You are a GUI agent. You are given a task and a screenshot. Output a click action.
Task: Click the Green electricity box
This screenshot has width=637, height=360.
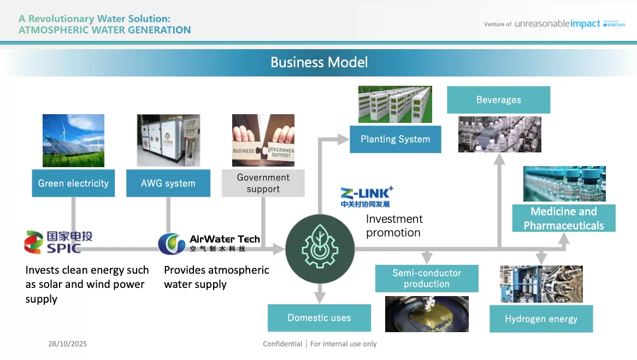click(73, 184)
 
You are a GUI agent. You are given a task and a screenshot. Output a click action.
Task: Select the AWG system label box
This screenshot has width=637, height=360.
click(168, 184)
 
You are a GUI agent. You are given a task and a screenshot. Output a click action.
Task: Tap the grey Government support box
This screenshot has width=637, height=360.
click(263, 184)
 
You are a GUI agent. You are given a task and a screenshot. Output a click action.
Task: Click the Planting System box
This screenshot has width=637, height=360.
click(395, 139)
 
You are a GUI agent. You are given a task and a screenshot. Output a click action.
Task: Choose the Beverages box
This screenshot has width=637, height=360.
click(498, 100)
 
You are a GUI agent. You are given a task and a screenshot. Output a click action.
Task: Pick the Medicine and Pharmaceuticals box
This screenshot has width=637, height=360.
click(564, 219)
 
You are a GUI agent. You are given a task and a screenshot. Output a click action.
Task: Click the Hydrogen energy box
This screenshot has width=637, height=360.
click(541, 319)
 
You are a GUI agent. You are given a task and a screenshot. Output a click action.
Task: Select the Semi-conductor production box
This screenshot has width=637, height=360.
click(427, 279)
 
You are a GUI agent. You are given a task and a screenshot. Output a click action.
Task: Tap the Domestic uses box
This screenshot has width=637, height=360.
click(319, 318)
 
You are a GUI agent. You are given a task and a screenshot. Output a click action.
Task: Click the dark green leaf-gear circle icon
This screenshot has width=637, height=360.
click(320, 249)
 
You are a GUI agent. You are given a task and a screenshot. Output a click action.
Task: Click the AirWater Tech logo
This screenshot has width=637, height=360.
click(209, 243)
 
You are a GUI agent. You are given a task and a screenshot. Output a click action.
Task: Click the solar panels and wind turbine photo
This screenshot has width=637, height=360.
click(73, 140)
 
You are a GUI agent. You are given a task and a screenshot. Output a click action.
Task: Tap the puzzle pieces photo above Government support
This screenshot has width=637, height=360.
click(263, 140)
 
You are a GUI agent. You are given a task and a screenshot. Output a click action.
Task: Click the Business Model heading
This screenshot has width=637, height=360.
click(319, 62)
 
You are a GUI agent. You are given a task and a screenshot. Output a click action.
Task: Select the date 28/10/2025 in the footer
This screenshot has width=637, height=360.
click(67, 344)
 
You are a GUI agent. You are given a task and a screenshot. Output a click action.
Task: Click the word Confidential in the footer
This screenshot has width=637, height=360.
click(282, 344)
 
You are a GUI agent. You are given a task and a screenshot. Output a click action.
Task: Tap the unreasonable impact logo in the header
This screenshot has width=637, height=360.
click(557, 24)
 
